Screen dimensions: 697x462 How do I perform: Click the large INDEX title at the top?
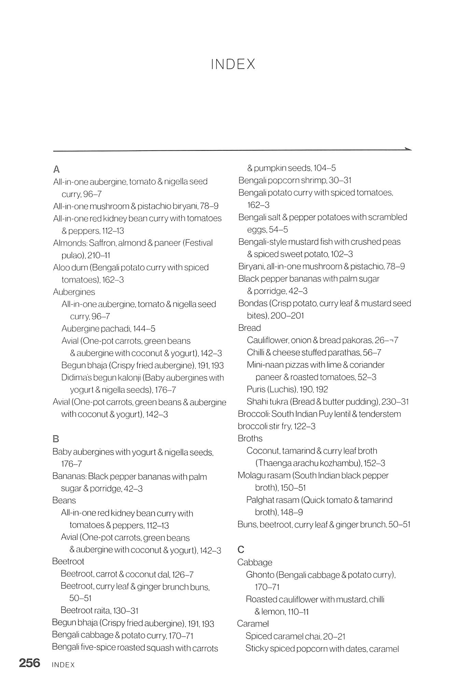233,64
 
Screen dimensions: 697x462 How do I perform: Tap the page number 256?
30,663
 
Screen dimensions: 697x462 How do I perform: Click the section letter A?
57,169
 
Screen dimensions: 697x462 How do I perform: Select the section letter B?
56,439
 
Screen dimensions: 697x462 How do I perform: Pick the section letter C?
241,549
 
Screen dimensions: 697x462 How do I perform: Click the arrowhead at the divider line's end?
408,149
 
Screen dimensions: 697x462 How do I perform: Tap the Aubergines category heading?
74,292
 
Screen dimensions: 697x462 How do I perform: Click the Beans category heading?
64,500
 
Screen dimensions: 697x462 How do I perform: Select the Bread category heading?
250,328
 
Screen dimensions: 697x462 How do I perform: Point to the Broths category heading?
250,438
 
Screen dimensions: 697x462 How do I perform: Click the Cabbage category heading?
255,562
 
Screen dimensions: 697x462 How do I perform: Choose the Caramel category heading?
253,624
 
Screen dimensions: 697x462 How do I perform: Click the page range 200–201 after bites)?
288,315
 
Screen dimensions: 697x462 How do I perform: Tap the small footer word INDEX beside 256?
63,665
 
